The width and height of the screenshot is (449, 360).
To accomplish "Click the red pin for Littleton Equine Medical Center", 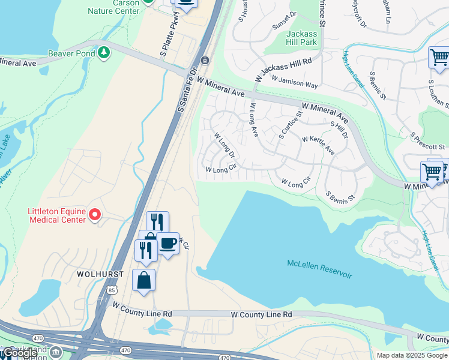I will pos(94,214).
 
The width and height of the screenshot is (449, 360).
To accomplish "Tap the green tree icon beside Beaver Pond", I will pos(105,53).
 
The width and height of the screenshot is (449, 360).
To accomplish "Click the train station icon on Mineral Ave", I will pos(205,60).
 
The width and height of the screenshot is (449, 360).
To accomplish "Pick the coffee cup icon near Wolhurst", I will pos(167,244).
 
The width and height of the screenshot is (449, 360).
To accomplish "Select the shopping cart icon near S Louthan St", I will pos(439,58).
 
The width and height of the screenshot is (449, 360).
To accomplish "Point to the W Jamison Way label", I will pos(294,82).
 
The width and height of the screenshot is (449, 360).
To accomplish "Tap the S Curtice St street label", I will pos(289,125).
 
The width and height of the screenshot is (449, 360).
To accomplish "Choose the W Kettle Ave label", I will pos(318,145).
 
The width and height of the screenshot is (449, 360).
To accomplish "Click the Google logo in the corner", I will pos(20,353).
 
